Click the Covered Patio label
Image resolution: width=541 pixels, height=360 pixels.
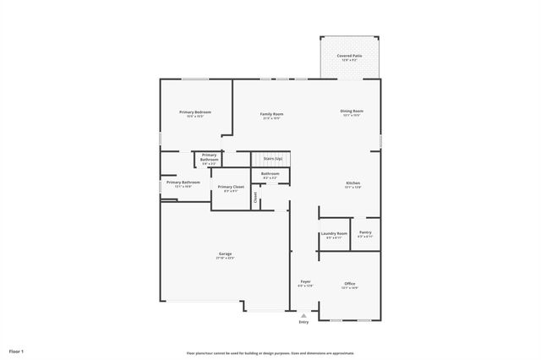350,55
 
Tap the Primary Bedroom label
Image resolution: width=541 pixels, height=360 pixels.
194,112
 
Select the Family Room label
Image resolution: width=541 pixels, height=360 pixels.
271,113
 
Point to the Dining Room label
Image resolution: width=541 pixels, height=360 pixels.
352,111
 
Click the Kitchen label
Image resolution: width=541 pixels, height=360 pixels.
352,183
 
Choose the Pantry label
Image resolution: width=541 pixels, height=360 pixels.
365,232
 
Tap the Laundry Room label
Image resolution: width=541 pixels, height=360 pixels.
334,233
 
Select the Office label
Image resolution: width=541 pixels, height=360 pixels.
350,283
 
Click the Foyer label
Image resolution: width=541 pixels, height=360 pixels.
305,281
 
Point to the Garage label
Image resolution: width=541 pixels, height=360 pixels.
226,254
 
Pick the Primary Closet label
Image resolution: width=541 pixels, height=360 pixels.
231,187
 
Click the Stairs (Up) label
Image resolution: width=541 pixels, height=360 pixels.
272,158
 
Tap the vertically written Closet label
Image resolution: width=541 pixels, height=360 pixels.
256,197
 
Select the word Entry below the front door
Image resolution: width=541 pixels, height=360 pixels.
303,322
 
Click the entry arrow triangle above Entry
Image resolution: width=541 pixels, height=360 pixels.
303,314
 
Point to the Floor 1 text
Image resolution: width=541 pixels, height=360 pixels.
17,350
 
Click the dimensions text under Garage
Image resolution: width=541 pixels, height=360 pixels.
226,258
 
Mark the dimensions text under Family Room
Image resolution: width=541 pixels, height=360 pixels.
271,118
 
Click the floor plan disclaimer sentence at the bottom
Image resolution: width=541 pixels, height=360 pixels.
270,353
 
